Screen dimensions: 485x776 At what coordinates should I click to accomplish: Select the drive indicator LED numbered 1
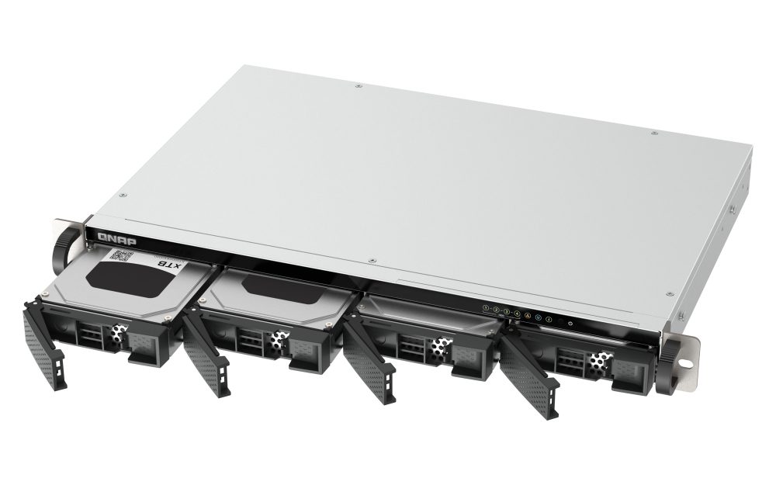click(x=486, y=308)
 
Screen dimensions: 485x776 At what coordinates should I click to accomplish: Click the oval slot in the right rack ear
click(x=686, y=361)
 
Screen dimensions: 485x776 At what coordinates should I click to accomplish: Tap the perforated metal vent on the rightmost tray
click(x=598, y=359)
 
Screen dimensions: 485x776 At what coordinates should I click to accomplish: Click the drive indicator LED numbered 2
click(x=496, y=310)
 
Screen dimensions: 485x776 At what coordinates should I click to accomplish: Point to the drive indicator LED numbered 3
click(x=506, y=311)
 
